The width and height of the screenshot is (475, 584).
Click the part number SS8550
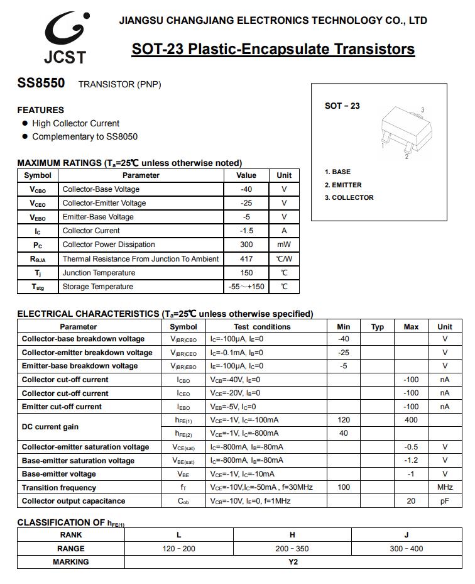pyautogui.click(x=41, y=83)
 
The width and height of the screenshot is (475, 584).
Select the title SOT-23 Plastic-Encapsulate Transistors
pyautogui.click(x=273, y=49)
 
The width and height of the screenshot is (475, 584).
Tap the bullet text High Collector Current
pyautogui.click(x=75, y=123)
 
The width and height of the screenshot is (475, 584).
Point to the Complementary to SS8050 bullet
pyautogui.click(x=85, y=136)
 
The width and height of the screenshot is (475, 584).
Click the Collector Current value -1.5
pyautogui.click(x=246, y=231)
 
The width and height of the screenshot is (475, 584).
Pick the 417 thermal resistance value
pyautogui.click(x=246, y=259)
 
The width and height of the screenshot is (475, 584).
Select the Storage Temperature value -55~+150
pyautogui.click(x=246, y=287)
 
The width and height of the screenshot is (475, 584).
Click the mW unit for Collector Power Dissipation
pyautogui.click(x=284, y=245)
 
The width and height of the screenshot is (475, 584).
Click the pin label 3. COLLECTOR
pyautogui.click(x=349, y=197)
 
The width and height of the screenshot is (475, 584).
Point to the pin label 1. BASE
pyautogui.click(x=337, y=172)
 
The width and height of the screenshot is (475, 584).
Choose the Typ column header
pyautogui.click(x=377, y=327)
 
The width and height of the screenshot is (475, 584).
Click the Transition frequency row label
pyautogui.click(x=59, y=488)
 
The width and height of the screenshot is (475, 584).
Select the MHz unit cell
pyautogui.click(x=445, y=488)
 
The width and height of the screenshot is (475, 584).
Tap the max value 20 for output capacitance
pyautogui.click(x=411, y=501)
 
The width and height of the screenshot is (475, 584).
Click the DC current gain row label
pyautogui.click(x=50, y=427)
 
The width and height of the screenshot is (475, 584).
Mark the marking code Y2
pyautogui.click(x=293, y=562)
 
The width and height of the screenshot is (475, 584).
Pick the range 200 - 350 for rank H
pyautogui.click(x=292, y=549)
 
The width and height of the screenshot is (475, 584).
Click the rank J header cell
pyautogui.click(x=407, y=535)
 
